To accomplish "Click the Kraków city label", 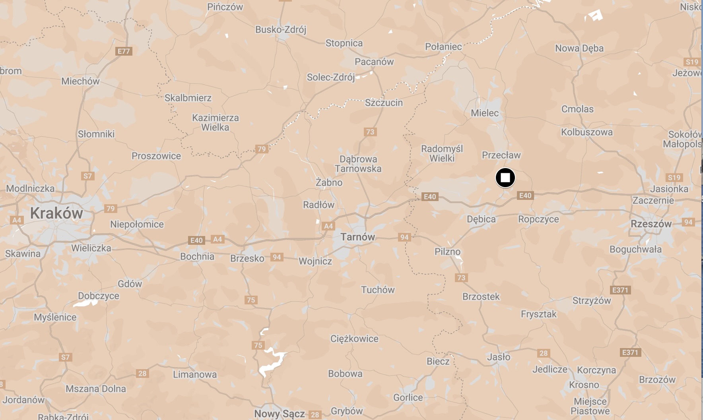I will pyautogui.click(x=56, y=213).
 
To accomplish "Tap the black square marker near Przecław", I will pyautogui.click(x=505, y=178).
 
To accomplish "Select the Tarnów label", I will pyautogui.click(x=357, y=237).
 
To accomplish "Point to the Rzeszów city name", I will pyautogui.click(x=651, y=224).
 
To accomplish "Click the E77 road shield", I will pyautogui.click(x=124, y=51).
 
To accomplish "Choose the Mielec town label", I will pyautogui.click(x=484, y=113).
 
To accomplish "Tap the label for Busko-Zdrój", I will pyautogui.click(x=281, y=30).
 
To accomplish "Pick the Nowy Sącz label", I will pyautogui.click(x=279, y=414).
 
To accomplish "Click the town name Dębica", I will pyautogui.click(x=481, y=219).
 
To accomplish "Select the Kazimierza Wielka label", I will pyautogui.click(x=215, y=123).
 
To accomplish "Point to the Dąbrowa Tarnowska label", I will pyautogui.click(x=358, y=164).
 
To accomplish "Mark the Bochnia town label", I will pyautogui.click(x=197, y=257).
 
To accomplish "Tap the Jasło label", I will pyautogui.click(x=499, y=357).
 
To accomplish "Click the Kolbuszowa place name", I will pyautogui.click(x=586, y=132).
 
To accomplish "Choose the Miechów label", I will pyautogui.click(x=80, y=81).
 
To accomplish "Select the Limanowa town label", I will pyautogui.click(x=195, y=375).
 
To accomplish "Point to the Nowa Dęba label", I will pyautogui.click(x=579, y=48).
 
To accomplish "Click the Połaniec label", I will pyautogui.click(x=443, y=47).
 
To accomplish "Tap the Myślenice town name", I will pyautogui.click(x=55, y=317).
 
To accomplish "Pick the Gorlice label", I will pyautogui.click(x=408, y=398).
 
